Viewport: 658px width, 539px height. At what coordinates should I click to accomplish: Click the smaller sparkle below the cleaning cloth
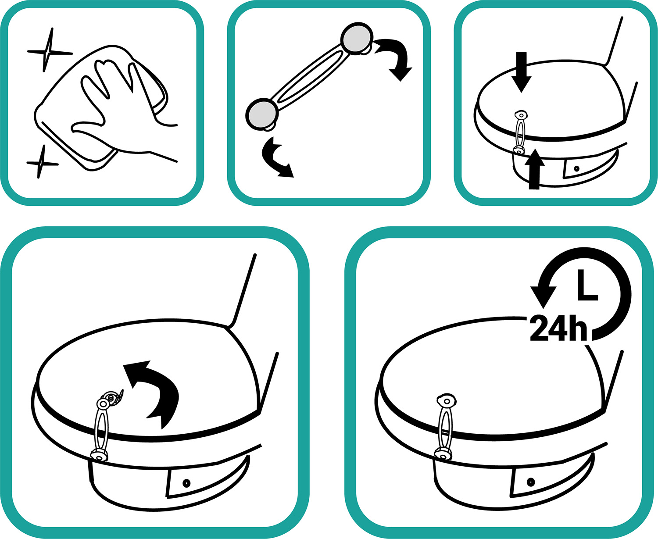41,163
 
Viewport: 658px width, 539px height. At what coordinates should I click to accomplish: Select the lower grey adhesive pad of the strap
262,114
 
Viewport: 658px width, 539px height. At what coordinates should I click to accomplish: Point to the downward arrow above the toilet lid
521,72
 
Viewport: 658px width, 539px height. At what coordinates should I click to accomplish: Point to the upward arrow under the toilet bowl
534,169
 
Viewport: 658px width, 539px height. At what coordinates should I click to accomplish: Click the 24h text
558,328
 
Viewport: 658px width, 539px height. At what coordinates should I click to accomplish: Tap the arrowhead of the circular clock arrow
543,297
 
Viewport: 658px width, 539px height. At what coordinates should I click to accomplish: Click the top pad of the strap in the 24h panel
447,401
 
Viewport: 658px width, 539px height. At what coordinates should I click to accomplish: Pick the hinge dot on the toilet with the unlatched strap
186,483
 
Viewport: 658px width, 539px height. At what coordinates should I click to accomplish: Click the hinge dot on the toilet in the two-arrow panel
576,168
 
